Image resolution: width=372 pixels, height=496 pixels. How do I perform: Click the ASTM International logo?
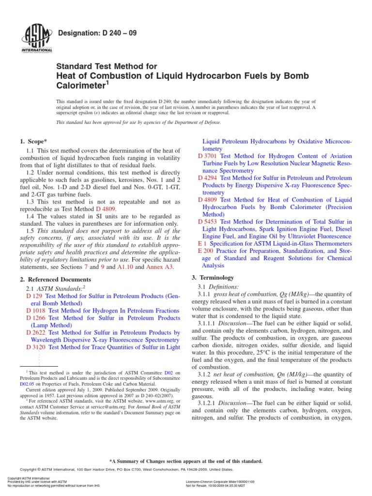tap(37, 40)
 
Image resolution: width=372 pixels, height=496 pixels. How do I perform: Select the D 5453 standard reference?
tap(208, 221)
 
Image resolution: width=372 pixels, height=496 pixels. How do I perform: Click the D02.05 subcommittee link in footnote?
tap(27, 384)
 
